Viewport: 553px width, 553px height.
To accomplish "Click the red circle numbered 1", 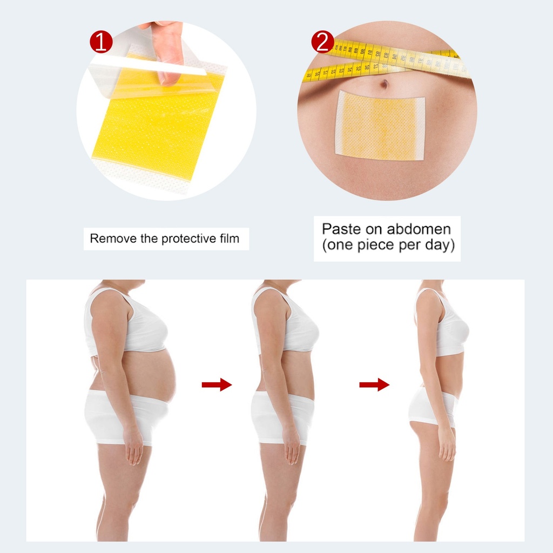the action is pos(101,42).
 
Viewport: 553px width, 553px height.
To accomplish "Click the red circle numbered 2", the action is pos(322,42).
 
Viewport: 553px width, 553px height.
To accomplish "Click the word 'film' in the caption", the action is pos(230,238).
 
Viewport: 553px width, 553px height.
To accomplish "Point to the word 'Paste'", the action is pos(341,229).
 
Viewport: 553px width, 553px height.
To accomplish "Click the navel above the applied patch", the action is pos(385,84).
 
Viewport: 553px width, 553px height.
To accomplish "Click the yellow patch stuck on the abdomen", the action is pos(380,125).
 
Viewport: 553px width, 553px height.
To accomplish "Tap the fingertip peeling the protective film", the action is pos(168,78).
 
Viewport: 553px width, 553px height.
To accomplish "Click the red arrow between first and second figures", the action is pos(217,385).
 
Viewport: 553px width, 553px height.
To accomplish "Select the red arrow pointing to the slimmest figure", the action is pos(374,385).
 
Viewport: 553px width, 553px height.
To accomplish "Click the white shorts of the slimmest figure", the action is pos(434,407).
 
